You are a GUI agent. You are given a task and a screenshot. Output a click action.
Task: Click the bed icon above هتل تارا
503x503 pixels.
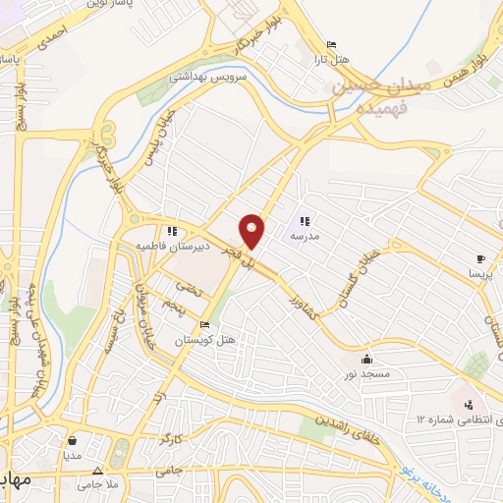coord(331,44)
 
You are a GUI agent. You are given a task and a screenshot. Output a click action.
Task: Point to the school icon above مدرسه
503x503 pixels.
coord(305,221)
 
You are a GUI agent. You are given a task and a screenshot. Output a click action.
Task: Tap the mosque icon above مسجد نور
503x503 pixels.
coord(367,359)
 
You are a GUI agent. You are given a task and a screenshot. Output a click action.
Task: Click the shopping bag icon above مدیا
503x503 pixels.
coord(70,441)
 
